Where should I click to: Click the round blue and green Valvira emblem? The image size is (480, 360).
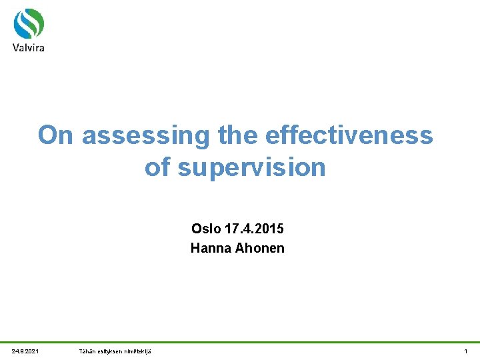[x=29, y=25]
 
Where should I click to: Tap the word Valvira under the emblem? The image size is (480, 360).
[x=29, y=47]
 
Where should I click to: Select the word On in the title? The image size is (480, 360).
[x=55, y=135]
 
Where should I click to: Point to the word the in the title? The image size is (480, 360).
[x=238, y=135]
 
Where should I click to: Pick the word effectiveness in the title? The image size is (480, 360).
[x=349, y=135]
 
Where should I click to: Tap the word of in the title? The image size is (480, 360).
[x=157, y=167]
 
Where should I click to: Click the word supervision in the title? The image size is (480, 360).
[x=251, y=167]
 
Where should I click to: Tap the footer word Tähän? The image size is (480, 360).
[x=87, y=351]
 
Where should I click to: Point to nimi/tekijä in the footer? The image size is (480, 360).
[x=136, y=351]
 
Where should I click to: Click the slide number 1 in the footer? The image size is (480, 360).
[x=466, y=351]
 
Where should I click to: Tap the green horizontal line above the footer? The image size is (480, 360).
[x=240, y=343]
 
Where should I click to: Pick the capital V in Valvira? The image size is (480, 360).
[x=16, y=47]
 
